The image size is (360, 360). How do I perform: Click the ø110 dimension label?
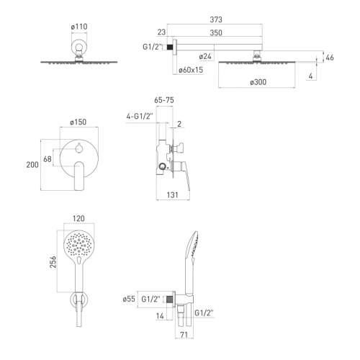tap(79, 27)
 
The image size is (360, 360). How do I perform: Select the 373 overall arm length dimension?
tap(216, 19)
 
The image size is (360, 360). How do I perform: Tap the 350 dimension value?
tap(216, 33)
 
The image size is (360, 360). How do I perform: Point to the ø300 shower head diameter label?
tap(258, 82)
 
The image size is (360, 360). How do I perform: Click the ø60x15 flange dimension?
tap(191, 70)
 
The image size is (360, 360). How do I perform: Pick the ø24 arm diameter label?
tap(205, 56)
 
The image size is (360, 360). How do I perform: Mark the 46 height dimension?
tap(330, 58)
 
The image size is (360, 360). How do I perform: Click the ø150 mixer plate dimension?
tap(78, 122)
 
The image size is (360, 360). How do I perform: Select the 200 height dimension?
tap(32, 165)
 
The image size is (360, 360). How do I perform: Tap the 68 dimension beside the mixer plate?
tap(48, 159)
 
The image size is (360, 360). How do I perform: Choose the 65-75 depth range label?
tap(164, 100)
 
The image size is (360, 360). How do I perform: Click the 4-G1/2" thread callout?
tap(140, 117)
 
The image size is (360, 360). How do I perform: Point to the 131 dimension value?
tap(173, 195)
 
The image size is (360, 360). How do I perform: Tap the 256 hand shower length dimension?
tap(53, 262)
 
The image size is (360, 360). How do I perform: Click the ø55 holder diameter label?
tap(129, 299)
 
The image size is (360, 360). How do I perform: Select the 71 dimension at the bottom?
tap(184, 335)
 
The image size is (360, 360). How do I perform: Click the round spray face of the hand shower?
tap(79, 246)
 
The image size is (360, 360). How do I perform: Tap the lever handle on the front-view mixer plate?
tap(79, 176)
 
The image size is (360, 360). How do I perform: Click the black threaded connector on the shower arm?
tap(170, 47)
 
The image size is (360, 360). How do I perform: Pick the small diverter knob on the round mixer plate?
tap(79, 148)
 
